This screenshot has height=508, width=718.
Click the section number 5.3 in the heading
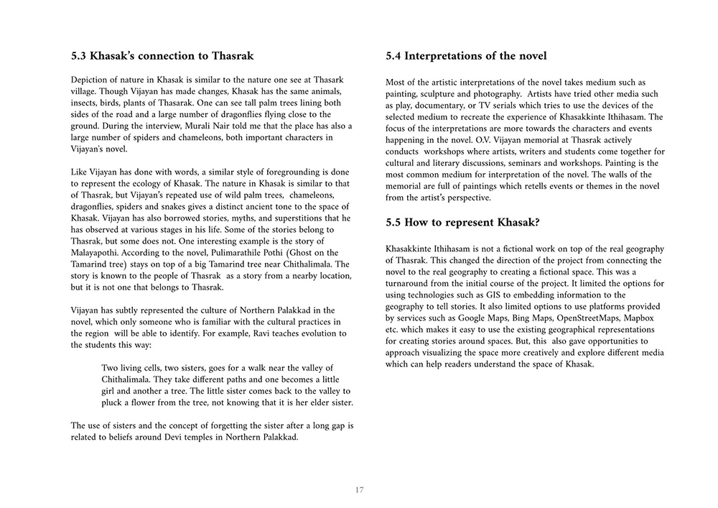coord(80,56)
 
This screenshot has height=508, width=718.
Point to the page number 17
coord(359,490)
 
